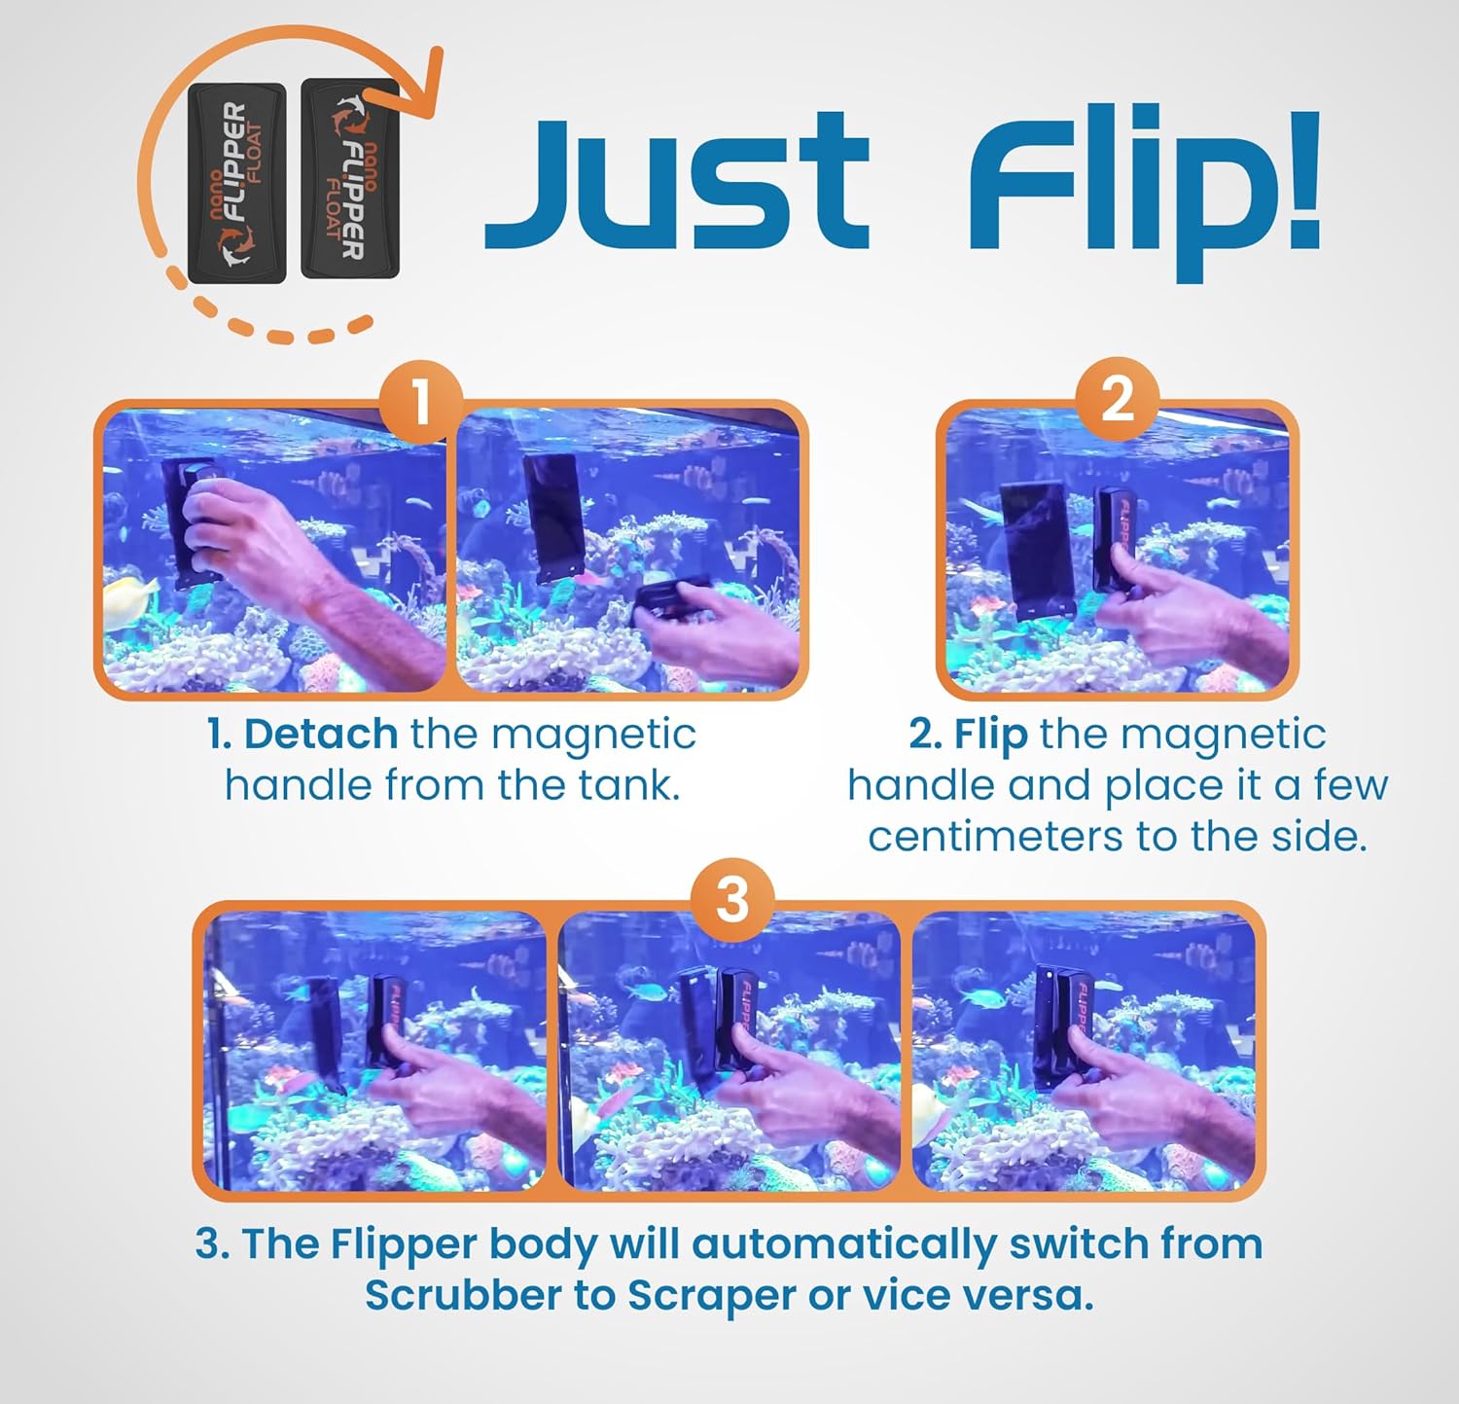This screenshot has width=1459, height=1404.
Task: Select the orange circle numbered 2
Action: [1117, 400]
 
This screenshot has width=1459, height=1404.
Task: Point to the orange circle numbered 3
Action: [731, 899]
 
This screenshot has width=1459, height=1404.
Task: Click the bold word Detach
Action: [320, 734]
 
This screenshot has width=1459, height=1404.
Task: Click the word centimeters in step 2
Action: [993, 836]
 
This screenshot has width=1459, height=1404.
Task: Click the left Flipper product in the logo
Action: [236, 183]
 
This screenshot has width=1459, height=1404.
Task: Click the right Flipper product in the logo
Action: [350, 180]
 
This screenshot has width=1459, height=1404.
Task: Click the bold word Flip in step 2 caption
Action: [990, 734]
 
